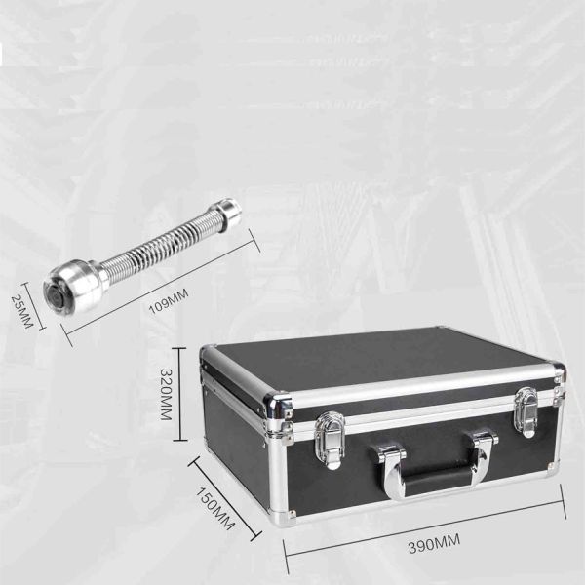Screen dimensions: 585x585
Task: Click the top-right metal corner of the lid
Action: coord(557,371)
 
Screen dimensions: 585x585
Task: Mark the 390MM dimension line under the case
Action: coord(425,528)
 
